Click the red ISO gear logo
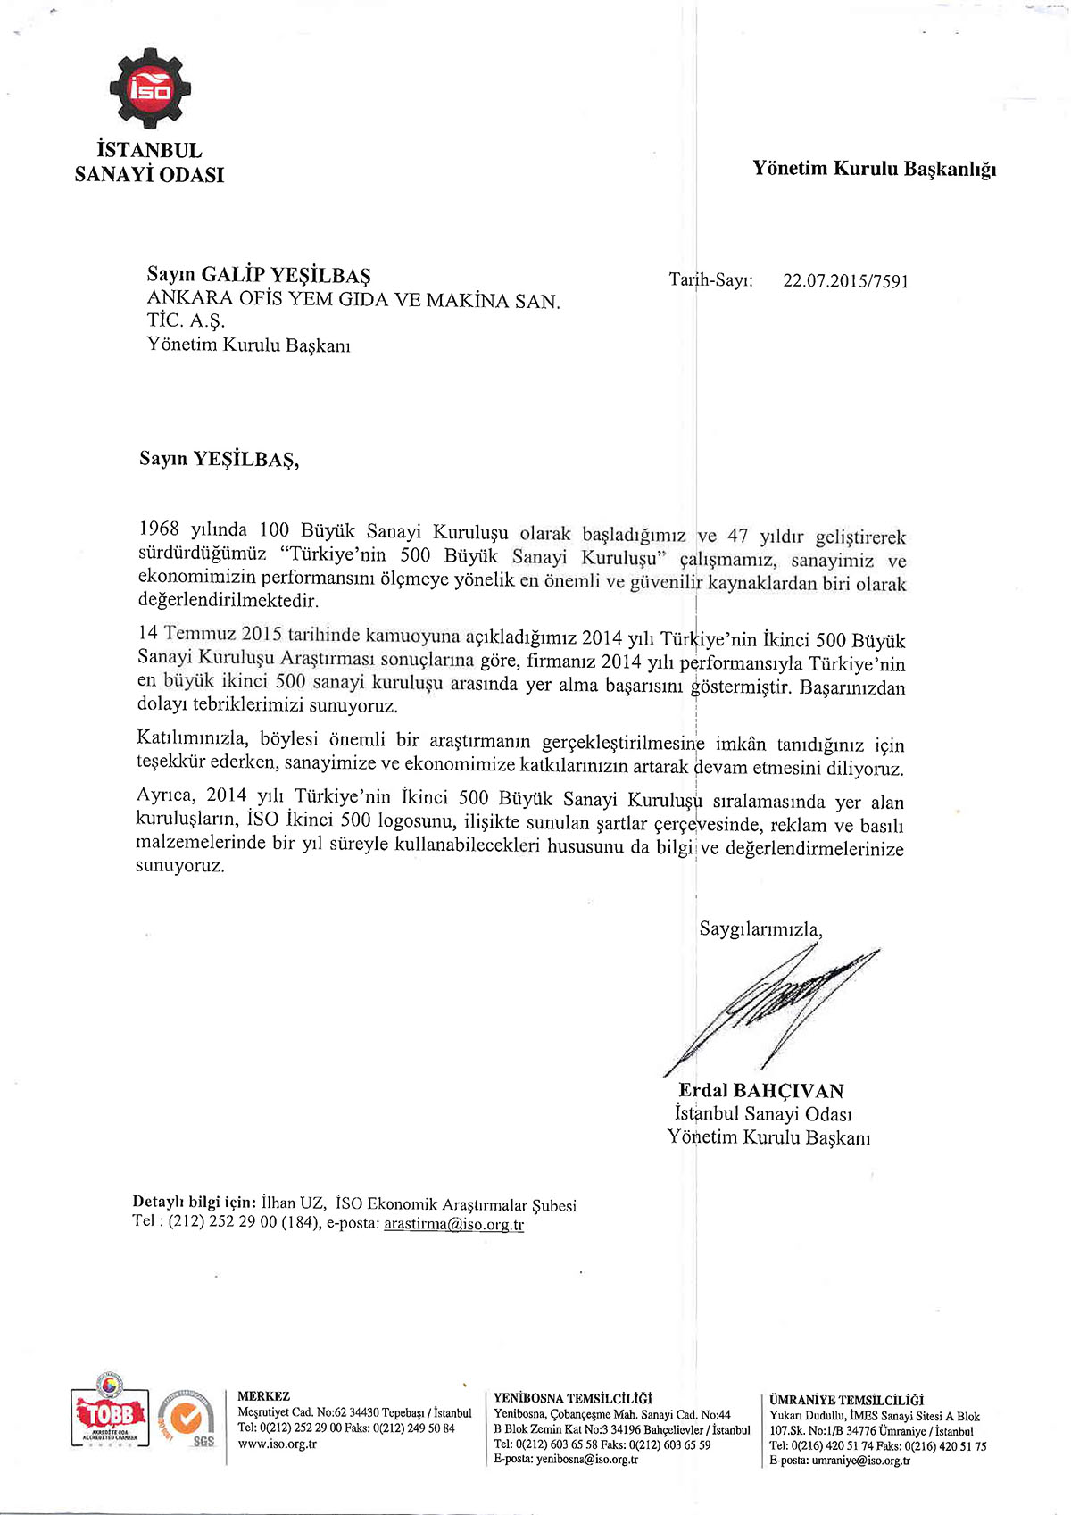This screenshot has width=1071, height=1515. [149, 88]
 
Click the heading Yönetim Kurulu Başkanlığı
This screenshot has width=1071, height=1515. [874, 169]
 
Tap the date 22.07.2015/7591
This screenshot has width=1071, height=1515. [845, 281]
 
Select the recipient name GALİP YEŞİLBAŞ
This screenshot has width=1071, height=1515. [286, 275]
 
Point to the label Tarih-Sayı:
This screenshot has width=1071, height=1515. [710, 280]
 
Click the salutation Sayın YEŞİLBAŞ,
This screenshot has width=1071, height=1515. [219, 460]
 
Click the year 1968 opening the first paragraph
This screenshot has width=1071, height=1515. [159, 529]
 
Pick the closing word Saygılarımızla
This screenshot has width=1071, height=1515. [760, 928]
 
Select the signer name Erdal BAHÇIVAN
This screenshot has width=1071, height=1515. [760, 1091]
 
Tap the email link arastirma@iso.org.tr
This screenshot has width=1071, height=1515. [453, 1224]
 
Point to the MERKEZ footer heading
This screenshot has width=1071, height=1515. [263, 1396]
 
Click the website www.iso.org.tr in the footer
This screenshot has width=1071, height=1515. [277, 1444]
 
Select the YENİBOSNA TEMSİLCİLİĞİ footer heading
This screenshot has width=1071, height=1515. [572, 1398]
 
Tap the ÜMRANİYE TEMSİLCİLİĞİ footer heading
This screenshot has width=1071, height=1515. [846, 1400]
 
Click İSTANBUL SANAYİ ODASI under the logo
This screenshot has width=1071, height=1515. [149, 162]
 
